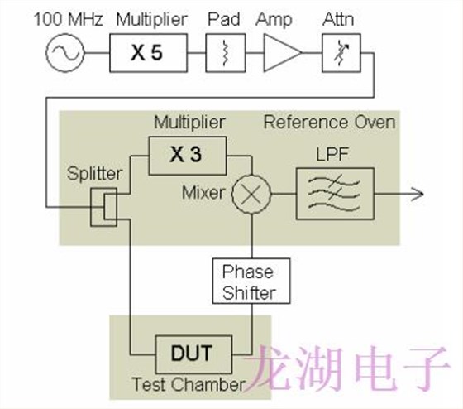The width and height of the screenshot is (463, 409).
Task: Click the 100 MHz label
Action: [63, 17]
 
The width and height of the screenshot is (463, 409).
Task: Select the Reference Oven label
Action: [329, 123]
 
